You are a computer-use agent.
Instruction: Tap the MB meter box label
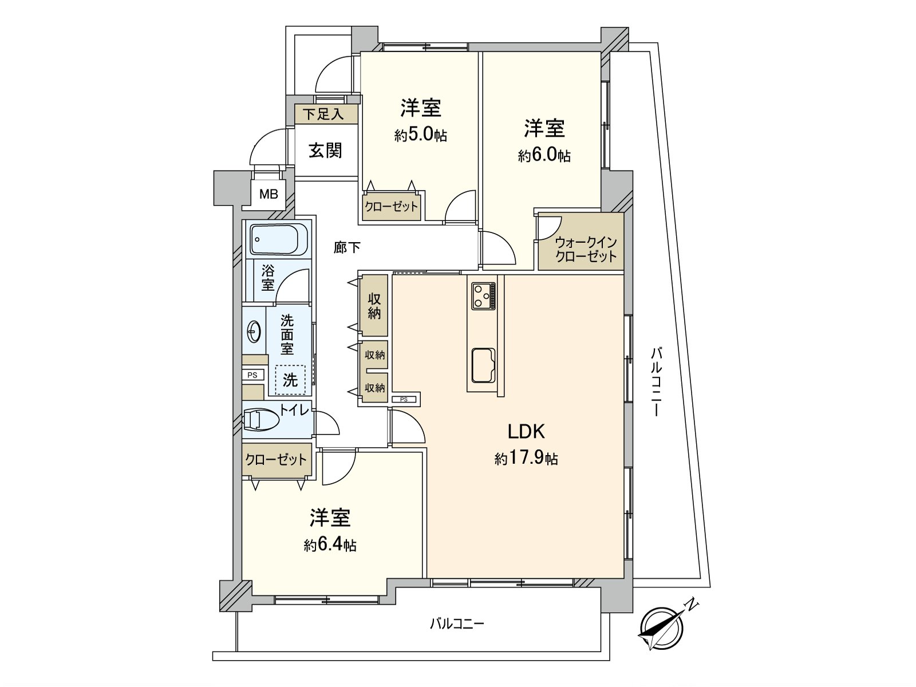click(x=269, y=194)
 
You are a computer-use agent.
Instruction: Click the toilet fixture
click(x=261, y=419)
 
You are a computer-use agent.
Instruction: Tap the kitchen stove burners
click(x=483, y=296)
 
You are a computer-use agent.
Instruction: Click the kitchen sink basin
click(x=483, y=365)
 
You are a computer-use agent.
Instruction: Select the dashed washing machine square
click(x=290, y=380)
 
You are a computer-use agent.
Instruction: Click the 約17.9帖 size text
click(x=526, y=459)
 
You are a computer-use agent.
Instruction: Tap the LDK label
click(x=526, y=432)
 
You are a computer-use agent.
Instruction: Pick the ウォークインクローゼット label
click(x=586, y=249)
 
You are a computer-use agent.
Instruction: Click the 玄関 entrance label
click(x=326, y=151)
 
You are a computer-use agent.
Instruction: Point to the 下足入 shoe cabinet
click(x=326, y=114)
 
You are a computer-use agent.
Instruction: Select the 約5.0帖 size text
click(x=421, y=135)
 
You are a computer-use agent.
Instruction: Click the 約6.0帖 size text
click(x=544, y=156)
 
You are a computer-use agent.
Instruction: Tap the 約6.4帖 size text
click(x=330, y=545)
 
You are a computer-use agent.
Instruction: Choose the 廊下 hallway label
click(x=347, y=247)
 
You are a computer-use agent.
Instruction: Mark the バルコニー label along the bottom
click(x=457, y=635)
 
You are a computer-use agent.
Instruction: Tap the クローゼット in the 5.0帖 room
click(x=391, y=207)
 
